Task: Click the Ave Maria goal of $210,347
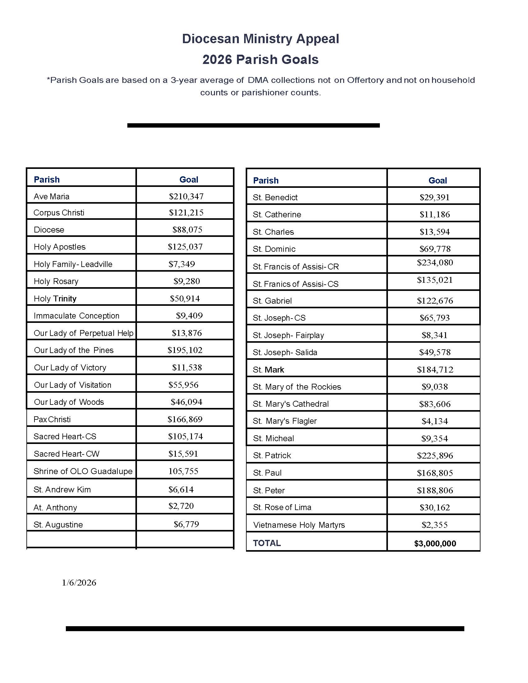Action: click(x=186, y=197)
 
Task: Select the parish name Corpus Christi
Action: click(x=59, y=213)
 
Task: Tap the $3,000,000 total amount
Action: click(x=435, y=544)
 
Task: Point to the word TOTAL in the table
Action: click(x=267, y=543)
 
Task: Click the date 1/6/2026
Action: click(x=79, y=583)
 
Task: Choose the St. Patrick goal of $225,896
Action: click(x=435, y=456)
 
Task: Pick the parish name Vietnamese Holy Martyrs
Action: click(x=299, y=525)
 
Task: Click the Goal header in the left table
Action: click(x=189, y=179)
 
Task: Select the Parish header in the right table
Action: click(x=266, y=180)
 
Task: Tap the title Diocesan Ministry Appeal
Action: click(x=261, y=39)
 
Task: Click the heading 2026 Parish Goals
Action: click(x=261, y=59)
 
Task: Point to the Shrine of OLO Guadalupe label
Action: click(x=83, y=471)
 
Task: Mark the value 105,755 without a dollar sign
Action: click(x=183, y=471)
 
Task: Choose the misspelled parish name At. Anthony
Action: click(x=55, y=508)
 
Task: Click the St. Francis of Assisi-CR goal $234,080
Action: click(x=435, y=263)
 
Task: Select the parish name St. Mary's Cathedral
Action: click(x=291, y=404)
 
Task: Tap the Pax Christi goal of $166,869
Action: click(x=185, y=419)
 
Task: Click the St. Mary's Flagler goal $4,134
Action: click(x=435, y=421)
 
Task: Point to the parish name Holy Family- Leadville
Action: click(x=73, y=264)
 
